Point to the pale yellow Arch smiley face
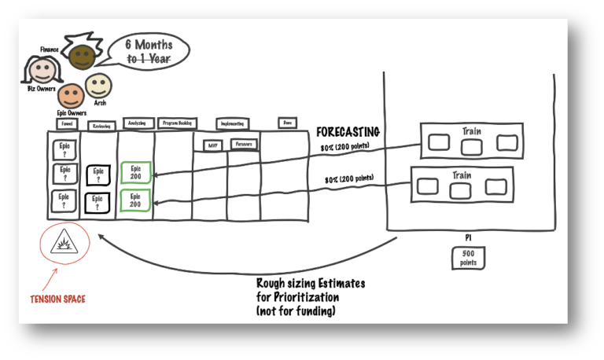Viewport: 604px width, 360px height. click(x=99, y=85)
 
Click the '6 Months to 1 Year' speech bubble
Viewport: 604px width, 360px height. click(x=151, y=50)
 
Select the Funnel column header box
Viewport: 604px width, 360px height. click(x=66, y=124)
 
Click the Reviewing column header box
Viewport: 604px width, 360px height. click(x=101, y=125)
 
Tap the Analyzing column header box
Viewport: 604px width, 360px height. click(x=135, y=123)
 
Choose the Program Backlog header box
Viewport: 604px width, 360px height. click(x=177, y=123)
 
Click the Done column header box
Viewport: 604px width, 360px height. click(x=288, y=123)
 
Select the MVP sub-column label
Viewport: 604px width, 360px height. click(x=212, y=145)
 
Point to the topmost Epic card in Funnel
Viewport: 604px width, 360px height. click(x=64, y=149)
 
